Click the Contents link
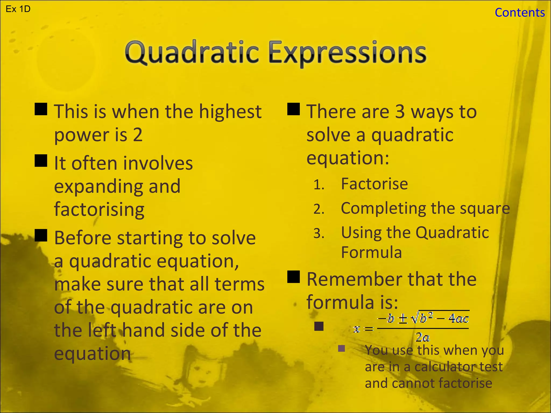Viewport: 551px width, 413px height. click(520, 13)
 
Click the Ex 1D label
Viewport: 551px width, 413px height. click(18, 9)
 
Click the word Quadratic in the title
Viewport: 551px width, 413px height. click(192, 52)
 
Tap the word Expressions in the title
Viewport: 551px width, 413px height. click(347, 52)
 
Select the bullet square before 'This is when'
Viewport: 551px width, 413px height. click(41, 109)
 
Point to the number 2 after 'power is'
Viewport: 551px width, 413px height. click(138, 135)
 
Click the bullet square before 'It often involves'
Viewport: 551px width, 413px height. click(41, 161)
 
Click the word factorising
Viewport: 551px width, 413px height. click(99, 209)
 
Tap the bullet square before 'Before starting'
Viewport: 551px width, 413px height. click(41, 235)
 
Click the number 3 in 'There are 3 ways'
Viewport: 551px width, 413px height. click(400, 112)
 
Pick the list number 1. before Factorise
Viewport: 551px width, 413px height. click(319, 185)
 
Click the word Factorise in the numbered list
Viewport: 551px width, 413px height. click(374, 184)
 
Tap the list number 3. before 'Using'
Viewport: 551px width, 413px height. click(319, 233)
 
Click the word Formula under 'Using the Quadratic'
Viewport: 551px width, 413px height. click(371, 252)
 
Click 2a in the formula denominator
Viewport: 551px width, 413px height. click(422, 337)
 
